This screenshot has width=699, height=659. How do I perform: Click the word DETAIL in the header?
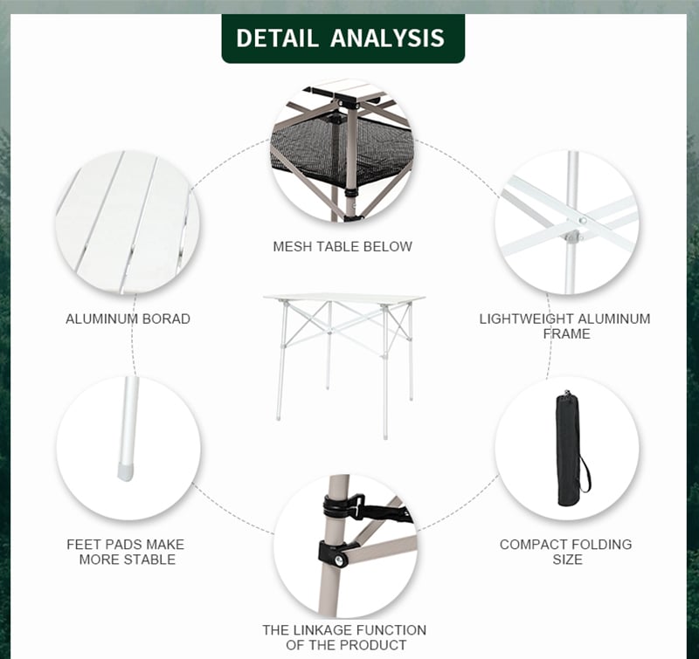click(277, 38)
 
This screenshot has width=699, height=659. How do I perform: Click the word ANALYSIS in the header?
click(387, 38)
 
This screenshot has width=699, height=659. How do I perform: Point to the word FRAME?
click(566, 333)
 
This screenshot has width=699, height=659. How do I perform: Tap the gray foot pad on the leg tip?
click(126, 471)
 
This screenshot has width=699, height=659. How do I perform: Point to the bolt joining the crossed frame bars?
click(582, 220)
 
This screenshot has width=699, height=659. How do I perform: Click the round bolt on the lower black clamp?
click(342, 560)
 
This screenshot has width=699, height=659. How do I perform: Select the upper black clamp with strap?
click(352, 508)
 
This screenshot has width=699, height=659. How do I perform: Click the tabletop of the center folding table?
click(343, 298)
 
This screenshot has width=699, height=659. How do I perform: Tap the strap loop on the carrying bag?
click(585, 473)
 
